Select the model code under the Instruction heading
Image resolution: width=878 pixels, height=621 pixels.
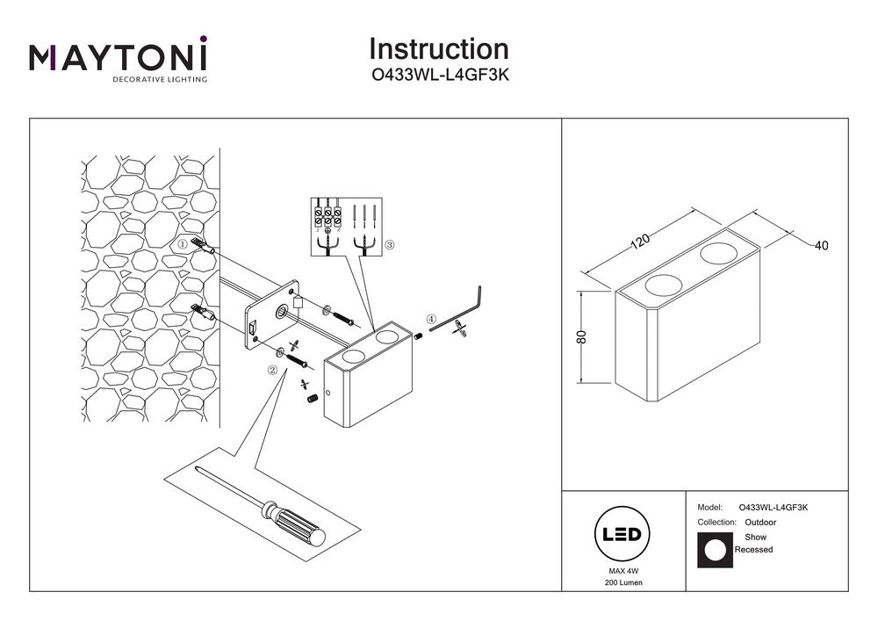pyautogui.click(x=438, y=76)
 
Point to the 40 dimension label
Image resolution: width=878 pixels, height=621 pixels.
pyautogui.click(x=821, y=246)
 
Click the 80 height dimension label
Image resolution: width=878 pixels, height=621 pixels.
pyautogui.click(x=580, y=337)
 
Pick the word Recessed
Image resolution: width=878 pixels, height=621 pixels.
pyautogui.click(x=753, y=550)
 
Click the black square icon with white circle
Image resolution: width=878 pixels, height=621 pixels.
pyautogui.click(x=714, y=550)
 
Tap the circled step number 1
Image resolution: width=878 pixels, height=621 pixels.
pyautogui.click(x=183, y=244)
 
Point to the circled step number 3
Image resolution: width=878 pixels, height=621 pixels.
pyautogui.click(x=391, y=245)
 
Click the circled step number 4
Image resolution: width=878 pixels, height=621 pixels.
pyautogui.click(x=430, y=319)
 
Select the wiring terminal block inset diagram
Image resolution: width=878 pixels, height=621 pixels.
pyautogui.click(x=346, y=227)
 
